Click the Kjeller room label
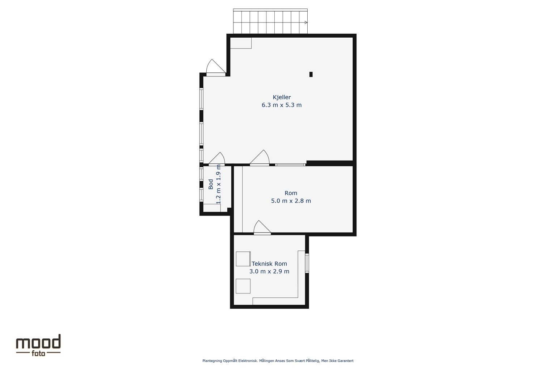[x=282, y=97]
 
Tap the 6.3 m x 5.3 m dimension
[x=282, y=105]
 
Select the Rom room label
[x=291, y=193]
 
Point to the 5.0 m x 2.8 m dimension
[x=291, y=200]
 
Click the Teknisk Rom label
[x=269, y=263]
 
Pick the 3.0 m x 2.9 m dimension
[x=269, y=271]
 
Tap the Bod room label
[x=211, y=184]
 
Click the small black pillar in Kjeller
[x=311, y=74]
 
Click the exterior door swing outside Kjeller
[x=216, y=68]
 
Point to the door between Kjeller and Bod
[x=217, y=159]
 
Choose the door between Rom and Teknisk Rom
[x=262, y=228]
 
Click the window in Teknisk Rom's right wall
[x=307, y=263]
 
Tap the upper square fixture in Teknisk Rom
[x=243, y=259]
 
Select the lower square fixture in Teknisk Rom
[x=243, y=286]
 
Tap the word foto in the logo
[x=38, y=354]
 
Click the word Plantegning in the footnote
[x=212, y=361]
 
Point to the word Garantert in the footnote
[x=345, y=360]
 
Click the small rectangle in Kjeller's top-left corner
[x=241, y=43]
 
